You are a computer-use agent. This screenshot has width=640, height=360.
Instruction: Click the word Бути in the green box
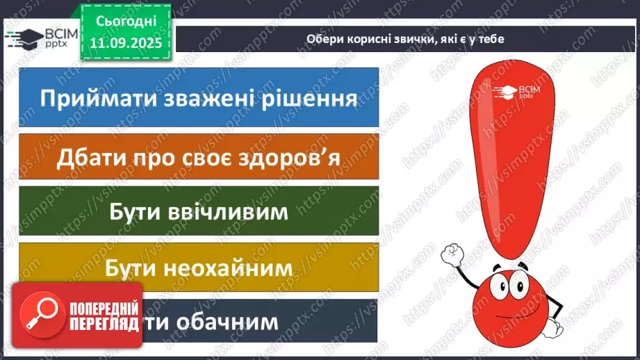point(136,211)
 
